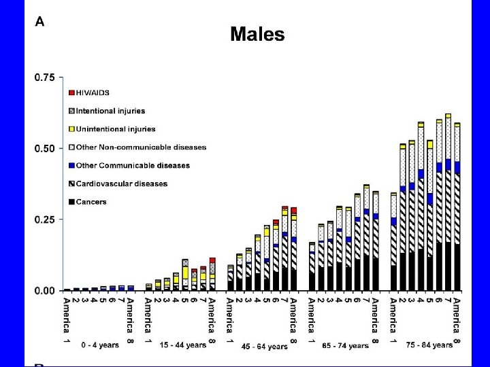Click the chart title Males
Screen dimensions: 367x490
point(257,34)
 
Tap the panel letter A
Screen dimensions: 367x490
point(40,22)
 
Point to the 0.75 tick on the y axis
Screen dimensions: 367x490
point(45,78)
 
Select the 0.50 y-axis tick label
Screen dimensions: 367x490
point(45,149)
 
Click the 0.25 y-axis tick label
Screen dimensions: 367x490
point(45,220)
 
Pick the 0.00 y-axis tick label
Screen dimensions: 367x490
point(45,290)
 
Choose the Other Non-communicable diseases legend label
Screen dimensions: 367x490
point(141,147)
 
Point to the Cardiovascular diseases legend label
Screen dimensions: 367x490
point(121,183)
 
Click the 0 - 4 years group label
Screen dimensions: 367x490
point(99,345)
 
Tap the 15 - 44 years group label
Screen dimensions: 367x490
point(182,345)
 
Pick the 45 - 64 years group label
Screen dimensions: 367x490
point(265,346)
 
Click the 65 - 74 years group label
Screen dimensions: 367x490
point(346,345)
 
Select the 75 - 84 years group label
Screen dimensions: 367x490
point(429,345)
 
